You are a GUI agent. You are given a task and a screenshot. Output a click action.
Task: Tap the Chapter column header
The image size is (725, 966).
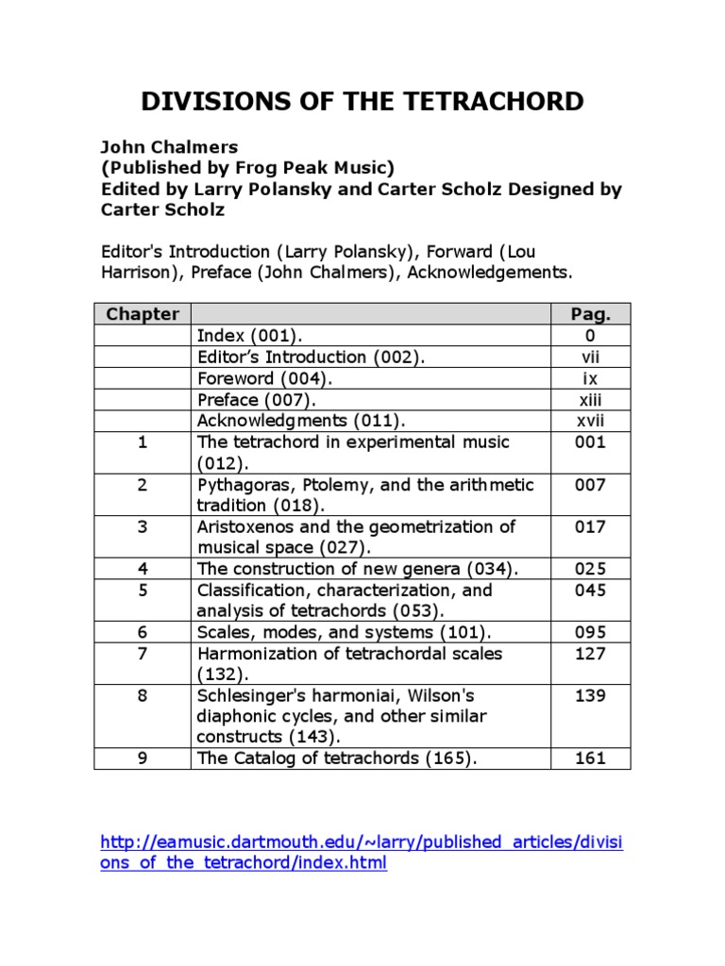pos(142,314)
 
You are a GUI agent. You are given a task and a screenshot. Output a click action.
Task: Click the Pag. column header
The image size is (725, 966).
pos(591,314)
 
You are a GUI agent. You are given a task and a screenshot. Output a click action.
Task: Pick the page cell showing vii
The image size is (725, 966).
pos(591,358)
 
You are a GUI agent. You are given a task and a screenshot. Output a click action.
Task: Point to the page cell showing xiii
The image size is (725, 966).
pos(591,399)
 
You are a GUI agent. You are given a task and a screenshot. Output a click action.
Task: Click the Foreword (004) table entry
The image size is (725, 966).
pos(264,378)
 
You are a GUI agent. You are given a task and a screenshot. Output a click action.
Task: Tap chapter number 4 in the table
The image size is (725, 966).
pos(143,569)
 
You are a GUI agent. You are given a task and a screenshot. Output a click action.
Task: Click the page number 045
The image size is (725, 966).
pos(591,591)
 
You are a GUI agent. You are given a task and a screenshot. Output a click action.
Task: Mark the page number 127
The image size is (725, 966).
pos(591,653)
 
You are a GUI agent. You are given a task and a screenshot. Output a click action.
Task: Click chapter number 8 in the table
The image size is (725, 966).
pos(143,695)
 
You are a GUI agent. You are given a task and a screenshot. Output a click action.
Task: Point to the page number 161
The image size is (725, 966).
pos(591,758)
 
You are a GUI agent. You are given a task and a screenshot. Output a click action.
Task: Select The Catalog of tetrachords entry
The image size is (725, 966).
pos(330,758)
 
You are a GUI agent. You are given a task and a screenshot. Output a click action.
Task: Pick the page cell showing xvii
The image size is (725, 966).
pos(591,420)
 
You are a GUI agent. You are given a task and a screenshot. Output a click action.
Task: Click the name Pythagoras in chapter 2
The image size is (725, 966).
pos(242,485)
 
